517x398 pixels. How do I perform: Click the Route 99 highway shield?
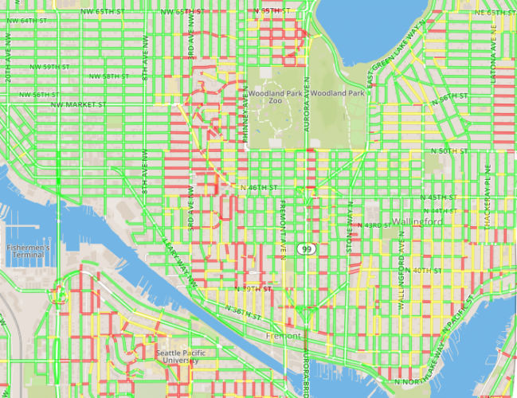point(307,249)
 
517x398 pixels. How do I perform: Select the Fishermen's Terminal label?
point(29,252)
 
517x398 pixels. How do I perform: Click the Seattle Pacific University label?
point(180,357)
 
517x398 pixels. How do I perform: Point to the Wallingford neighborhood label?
point(416,220)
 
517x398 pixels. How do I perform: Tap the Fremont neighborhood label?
point(287,336)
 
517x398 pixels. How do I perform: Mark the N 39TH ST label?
point(253,288)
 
